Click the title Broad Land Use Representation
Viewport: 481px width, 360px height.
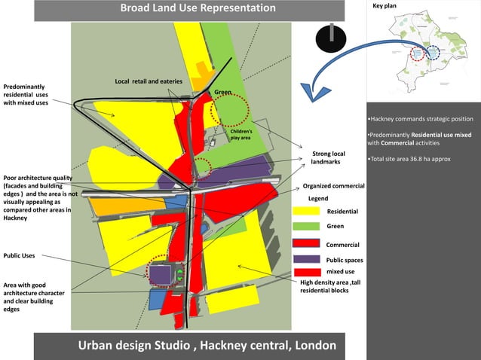tap(198, 8)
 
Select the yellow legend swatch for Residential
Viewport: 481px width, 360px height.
tap(306, 212)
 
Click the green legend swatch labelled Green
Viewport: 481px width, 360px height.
tap(306, 226)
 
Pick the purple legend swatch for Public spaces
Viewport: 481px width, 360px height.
tap(306, 259)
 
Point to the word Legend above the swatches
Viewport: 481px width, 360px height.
tap(318, 198)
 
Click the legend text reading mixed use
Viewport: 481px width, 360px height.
tap(339, 271)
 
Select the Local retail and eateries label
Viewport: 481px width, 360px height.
tap(149, 81)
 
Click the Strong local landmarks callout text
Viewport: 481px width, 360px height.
tap(328, 158)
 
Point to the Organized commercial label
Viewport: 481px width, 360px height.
tap(333, 185)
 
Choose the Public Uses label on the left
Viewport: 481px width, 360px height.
tap(19, 256)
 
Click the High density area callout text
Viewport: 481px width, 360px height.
tap(329, 286)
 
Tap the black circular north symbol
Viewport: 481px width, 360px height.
tap(330, 39)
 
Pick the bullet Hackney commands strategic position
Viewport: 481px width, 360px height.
tap(421, 119)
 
